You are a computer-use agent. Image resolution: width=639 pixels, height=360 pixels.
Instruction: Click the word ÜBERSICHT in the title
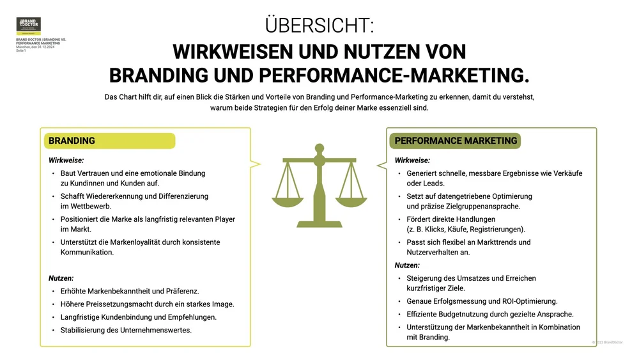point(319,25)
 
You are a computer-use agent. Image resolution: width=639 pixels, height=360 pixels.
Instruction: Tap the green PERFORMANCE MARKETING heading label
point(456,141)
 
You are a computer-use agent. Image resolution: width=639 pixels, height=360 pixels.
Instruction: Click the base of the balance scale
point(319,221)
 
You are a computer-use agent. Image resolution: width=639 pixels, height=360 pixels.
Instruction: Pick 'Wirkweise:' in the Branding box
point(66,160)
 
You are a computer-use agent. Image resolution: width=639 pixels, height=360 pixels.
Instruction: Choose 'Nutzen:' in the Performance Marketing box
point(407,265)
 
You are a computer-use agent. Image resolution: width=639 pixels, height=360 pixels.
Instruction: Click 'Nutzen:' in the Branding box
point(61,278)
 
